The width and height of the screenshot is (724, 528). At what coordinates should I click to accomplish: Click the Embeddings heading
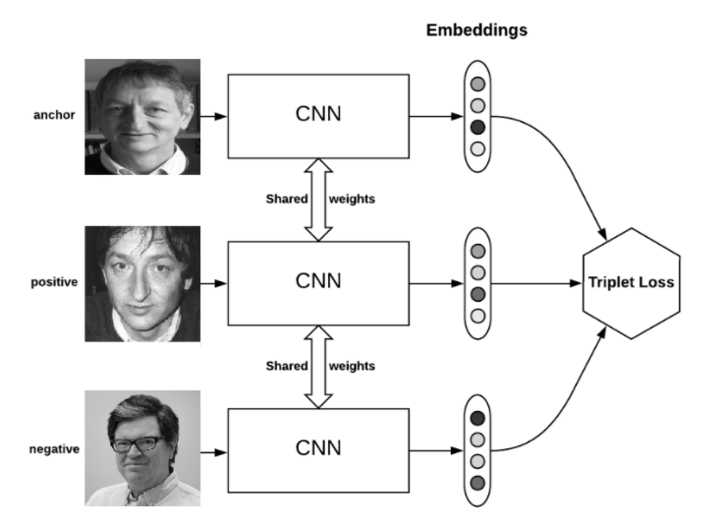pyautogui.click(x=476, y=30)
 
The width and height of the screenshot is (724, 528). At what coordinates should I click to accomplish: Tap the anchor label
pyautogui.click(x=54, y=115)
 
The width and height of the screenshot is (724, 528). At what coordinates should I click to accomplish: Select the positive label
pyautogui.click(x=54, y=282)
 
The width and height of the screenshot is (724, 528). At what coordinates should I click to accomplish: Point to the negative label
pyautogui.click(x=54, y=449)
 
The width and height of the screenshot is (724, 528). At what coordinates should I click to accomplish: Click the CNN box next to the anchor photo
pyautogui.click(x=318, y=116)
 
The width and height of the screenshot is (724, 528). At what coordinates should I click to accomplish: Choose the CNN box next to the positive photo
pyautogui.click(x=318, y=283)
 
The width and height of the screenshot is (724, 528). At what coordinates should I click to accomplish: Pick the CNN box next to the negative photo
pyautogui.click(x=318, y=450)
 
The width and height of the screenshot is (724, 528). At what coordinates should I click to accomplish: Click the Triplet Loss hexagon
pyautogui.click(x=632, y=283)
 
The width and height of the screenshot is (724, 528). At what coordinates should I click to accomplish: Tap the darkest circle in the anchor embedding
pyautogui.click(x=477, y=127)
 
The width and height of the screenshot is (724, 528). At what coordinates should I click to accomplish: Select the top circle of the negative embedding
pyautogui.click(x=477, y=418)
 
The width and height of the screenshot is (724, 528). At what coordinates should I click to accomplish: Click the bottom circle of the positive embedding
pyautogui.click(x=477, y=316)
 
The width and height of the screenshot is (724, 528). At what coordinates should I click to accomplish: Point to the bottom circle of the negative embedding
pyautogui.click(x=477, y=483)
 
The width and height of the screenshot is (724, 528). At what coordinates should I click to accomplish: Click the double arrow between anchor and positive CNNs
pyautogui.click(x=318, y=200)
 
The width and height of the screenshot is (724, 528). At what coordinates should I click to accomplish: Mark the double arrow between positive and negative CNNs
pyautogui.click(x=318, y=367)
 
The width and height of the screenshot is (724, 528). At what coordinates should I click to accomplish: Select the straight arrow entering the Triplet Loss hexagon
pyautogui.click(x=536, y=283)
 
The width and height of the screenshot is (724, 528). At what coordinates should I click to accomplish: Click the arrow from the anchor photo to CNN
pyautogui.click(x=214, y=116)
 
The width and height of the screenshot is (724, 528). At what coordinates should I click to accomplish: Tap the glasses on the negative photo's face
pyautogui.click(x=137, y=443)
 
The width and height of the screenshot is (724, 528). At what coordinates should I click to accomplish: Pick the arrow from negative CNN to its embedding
pyautogui.click(x=436, y=450)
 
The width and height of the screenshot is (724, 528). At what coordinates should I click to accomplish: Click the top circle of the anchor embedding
pyautogui.click(x=477, y=85)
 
